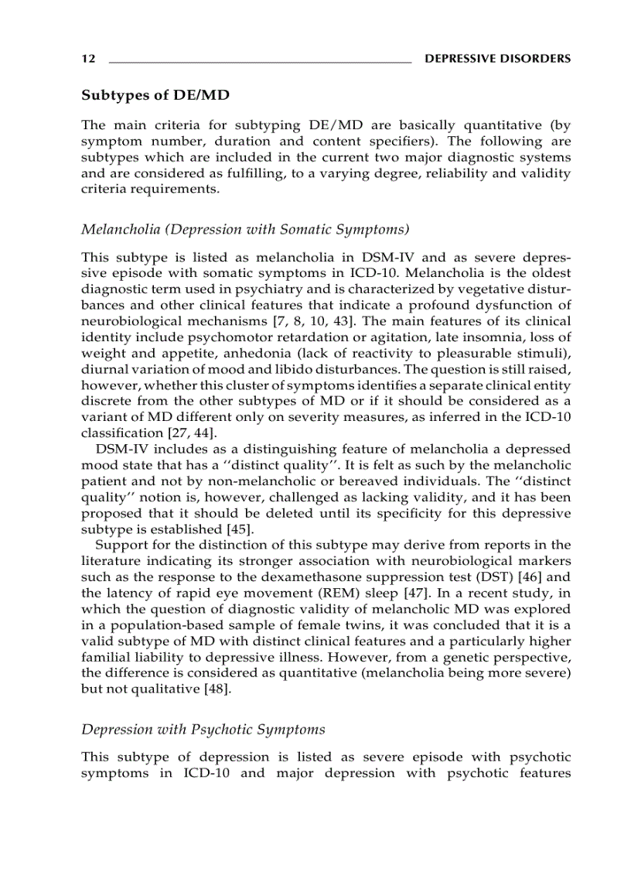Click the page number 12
[x=88, y=59]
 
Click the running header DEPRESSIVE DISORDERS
[x=498, y=59]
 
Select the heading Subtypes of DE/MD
[x=155, y=96]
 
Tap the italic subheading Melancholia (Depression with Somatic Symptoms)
[x=245, y=229]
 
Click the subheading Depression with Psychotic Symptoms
[x=203, y=730]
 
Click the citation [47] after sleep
[x=402, y=593]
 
